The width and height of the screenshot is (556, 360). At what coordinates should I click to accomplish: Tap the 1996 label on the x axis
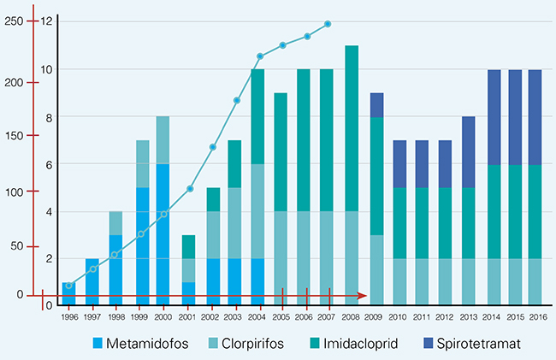[68, 316]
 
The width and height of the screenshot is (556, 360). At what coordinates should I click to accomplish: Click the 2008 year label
[351, 316]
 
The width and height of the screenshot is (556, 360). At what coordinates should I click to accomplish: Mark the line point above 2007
[328, 24]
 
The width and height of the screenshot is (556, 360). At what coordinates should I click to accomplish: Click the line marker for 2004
[259, 57]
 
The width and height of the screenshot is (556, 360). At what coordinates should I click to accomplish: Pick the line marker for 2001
[189, 188]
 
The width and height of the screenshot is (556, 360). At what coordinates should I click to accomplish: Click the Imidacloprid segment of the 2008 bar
[351, 128]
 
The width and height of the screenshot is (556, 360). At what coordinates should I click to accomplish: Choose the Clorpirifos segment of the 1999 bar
[143, 163]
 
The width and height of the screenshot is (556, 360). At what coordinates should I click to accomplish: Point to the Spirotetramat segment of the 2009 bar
[376, 105]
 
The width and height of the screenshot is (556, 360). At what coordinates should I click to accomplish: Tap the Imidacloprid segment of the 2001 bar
[189, 246]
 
